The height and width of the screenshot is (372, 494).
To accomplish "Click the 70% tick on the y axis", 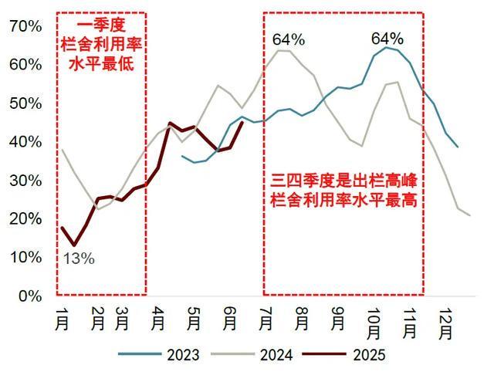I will tap(25, 25).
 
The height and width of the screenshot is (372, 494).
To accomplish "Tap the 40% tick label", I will tap(25, 141).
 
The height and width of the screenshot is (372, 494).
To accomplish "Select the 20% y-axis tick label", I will tap(25, 218).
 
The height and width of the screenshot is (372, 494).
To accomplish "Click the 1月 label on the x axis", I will tap(62, 319).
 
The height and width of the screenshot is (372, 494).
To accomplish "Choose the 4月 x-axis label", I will tap(157, 319).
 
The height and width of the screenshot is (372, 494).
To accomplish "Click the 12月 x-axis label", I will tap(445, 325).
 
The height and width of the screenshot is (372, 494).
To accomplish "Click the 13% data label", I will tap(78, 259).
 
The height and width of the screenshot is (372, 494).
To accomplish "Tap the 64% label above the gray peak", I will tap(289, 39).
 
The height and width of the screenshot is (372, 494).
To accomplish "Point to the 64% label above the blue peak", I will tap(387, 38).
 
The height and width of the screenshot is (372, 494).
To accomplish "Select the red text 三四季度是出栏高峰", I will tap(343, 183).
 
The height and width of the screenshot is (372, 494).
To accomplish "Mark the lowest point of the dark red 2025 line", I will tap(75, 245).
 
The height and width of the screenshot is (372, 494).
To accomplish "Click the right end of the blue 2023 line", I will tap(458, 147).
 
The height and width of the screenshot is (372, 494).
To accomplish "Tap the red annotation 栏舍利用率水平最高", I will tap(343, 201).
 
